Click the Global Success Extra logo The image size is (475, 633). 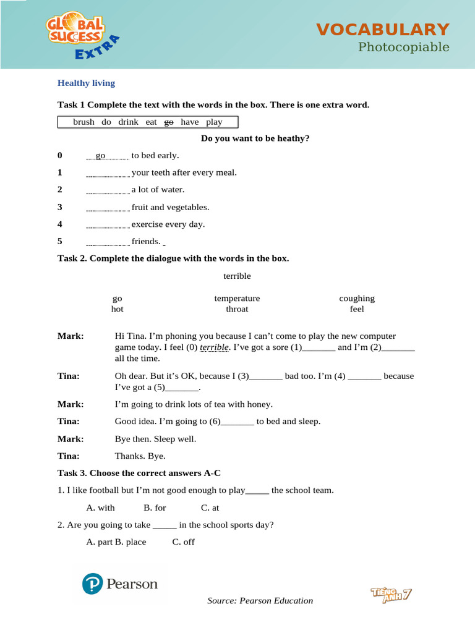click(x=80, y=37)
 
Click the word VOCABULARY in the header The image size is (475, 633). click(x=383, y=29)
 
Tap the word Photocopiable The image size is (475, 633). click(x=404, y=48)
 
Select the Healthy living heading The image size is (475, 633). click(x=86, y=83)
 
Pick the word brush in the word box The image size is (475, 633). click(x=83, y=122)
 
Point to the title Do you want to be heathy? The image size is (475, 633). click(x=255, y=138)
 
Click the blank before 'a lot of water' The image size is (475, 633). click(x=107, y=190)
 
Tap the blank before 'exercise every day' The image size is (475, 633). click(x=107, y=225)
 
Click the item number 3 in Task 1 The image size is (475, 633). click(x=60, y=207)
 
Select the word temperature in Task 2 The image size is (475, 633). click(x=237, y=298)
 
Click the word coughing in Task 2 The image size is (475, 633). click(x=357, y=298)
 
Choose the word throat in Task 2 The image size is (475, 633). click(x=237, y=309)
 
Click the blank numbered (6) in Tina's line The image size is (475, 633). click(x=237, y=422)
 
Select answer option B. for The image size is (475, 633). click(x=155, y=508)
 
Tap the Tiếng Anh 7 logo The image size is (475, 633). click(x=391, y=594)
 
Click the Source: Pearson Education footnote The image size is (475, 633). click(x=260, y=601)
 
